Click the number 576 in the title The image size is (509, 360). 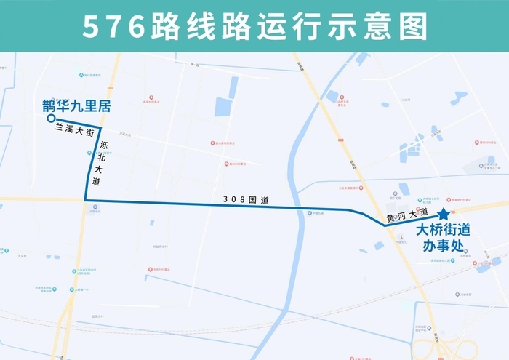coord(113,26)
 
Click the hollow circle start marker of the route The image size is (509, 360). coord(50,119)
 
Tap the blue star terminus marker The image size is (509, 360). coord(443,215)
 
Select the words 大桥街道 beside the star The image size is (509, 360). coord(442,230)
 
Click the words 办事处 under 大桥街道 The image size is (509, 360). coord(442,245)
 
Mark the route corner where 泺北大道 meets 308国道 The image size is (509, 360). coord(85,200)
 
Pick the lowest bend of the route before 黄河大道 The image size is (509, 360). coord(385,225)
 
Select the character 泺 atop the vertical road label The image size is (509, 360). coord(103,146)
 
